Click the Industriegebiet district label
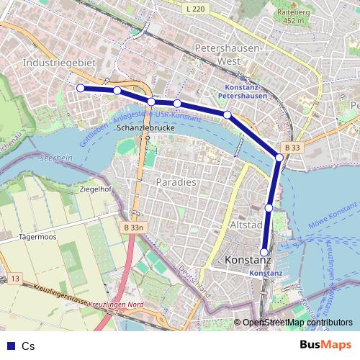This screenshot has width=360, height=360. click(60, 63)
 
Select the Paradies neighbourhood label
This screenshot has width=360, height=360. click(176, 182)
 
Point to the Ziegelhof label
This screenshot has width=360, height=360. click(96, 189)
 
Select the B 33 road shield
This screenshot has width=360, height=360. click(291, 147)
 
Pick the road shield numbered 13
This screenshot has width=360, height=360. click(16, 277)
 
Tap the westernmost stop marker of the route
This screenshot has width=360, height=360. click(81, 88)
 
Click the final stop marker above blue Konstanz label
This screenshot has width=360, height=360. click(264, 252)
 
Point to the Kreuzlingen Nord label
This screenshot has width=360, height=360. click(112, 305)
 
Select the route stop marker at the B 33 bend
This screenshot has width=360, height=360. click(279, 158)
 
